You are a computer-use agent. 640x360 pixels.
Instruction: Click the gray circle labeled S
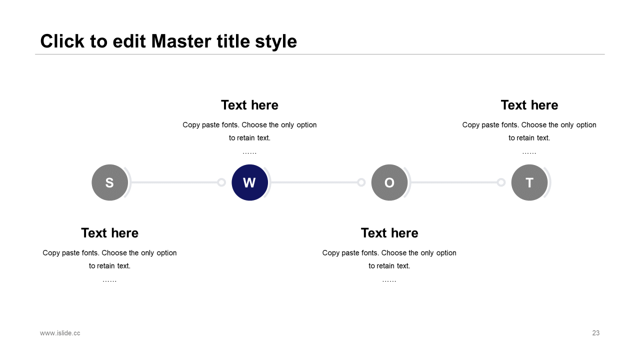pyautogui.click(x=109, y=182)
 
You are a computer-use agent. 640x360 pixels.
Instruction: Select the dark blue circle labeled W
pyautogui.click(x=249, y=182)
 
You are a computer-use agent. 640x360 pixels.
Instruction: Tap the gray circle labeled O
pyautogui.click(x=389, y=182)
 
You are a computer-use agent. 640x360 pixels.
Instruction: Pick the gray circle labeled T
pyautogui.click(x=529, y=182)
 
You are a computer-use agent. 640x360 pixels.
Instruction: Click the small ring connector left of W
pyautogui.click(x=221, y=182)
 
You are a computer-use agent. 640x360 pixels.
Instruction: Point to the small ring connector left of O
pyautogui.click(x=361, y=182)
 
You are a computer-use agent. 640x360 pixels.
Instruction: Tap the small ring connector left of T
pyautogui.click(x=501, y=182)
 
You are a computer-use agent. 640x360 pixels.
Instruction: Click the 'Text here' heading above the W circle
pyautogui.click(x=249, y=105)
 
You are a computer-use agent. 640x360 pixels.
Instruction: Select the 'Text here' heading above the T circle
pyautogui.click(x=529, y=105)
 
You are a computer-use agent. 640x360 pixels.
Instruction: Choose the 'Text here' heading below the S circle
pyautogui.click(x=109, y=233)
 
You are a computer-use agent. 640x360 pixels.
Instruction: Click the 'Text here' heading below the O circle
pyautogui.click(x=389, y=233)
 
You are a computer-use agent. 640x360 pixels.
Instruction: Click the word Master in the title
pyautogui.click(x=181, y=41)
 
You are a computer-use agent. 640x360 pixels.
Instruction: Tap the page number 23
pyautogui.click(x=595, y=333)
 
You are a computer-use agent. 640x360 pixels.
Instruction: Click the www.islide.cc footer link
pyautogui.click(x=60, y=333)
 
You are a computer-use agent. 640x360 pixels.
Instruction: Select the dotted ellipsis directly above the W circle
pyautogui.click(x=249, y=153)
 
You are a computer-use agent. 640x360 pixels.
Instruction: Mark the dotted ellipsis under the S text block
pyautogui.click(x=109, y=281)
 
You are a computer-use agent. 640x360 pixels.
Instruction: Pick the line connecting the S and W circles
pyautogui.click(x=174, y=182)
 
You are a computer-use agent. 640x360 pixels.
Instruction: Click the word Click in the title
pyautogui.click(x=62, y=41)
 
